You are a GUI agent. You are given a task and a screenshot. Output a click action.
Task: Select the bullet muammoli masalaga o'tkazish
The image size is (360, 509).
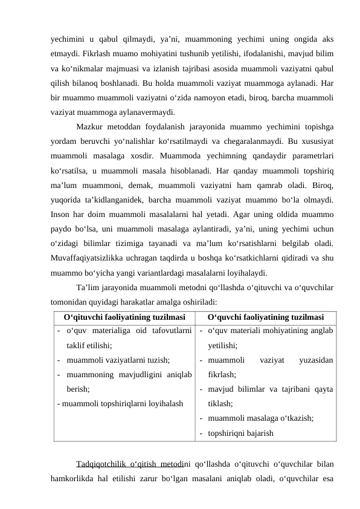pos(260,418)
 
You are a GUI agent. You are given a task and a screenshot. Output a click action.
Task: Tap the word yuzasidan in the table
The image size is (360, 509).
pos(315,360)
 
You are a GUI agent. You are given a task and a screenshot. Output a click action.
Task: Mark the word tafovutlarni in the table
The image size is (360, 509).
pos(169,331)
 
